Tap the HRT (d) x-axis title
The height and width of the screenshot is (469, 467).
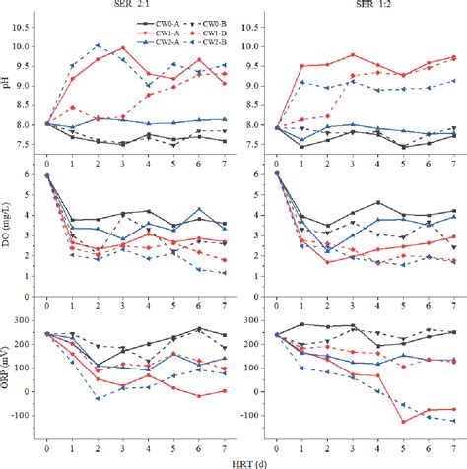click(233, 461)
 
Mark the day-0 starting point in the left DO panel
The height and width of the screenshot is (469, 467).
click(47, 175)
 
